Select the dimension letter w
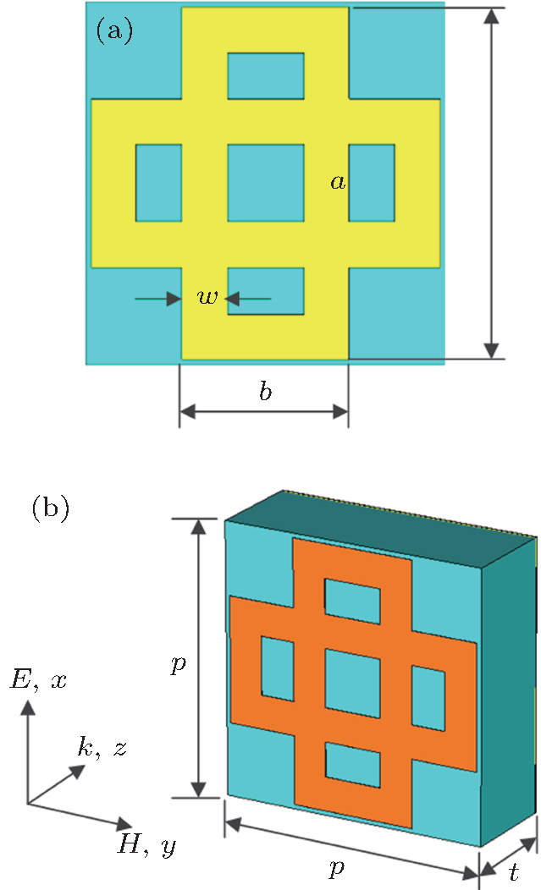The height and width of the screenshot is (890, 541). click(207, 298)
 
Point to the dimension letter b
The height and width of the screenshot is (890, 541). click(265, 392)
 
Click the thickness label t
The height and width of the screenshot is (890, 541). click(514, 872)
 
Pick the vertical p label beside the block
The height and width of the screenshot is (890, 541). click(177, 664)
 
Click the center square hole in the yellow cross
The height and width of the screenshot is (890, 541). click(265, 183)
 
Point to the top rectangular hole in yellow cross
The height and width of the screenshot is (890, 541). click(265, 75)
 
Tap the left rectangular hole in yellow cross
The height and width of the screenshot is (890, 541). click(158, 183)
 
